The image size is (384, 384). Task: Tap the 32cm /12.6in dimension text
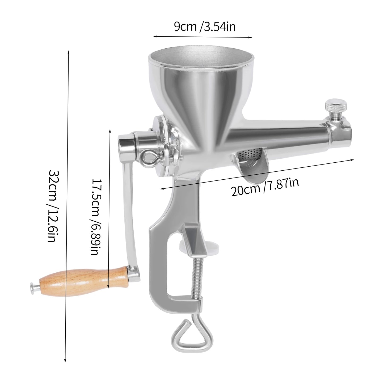click(x=52, y=206)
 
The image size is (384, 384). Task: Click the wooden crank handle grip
click(x=82, y=280)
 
